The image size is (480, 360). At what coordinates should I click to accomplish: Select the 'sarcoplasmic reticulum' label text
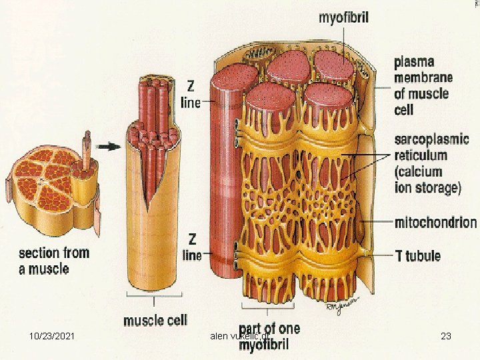(431, 148)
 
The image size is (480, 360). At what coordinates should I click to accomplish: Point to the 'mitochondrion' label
(435, 222)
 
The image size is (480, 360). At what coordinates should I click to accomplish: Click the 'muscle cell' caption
(155, 320)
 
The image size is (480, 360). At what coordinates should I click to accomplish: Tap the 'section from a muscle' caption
(53, 261)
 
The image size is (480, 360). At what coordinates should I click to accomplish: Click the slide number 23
(446, 336)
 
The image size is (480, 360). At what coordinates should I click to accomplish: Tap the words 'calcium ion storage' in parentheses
(427, 180)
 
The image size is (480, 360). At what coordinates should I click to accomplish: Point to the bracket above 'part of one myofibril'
(269, 309)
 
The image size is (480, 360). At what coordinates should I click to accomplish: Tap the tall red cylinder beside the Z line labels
(222, 180)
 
